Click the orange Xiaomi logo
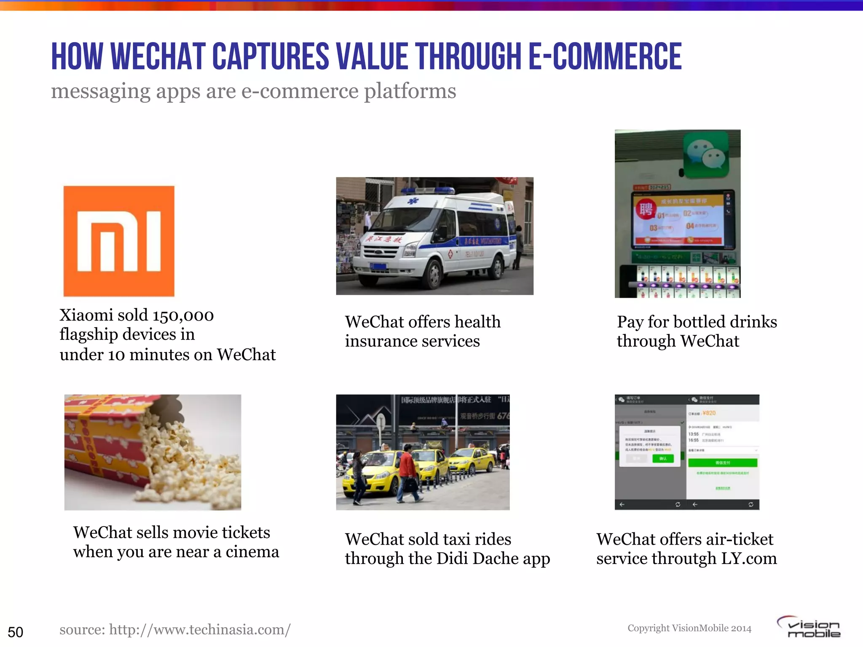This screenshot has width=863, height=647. coord(119,241)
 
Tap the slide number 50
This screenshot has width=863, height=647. coord(16,632)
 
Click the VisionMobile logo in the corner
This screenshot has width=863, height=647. coord(809,627)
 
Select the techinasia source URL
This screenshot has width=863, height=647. coord(175,630)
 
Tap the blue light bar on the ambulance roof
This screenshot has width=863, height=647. coord(428,191)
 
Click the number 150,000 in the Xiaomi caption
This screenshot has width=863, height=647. coord(183,315)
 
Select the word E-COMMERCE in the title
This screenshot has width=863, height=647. coord(605,57)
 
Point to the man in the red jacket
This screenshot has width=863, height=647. coord(408,472)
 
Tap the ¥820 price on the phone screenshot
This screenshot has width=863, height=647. coord(709,413)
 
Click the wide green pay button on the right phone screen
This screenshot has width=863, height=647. coord(723,463)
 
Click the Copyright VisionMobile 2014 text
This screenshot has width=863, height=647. coord(689,628)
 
